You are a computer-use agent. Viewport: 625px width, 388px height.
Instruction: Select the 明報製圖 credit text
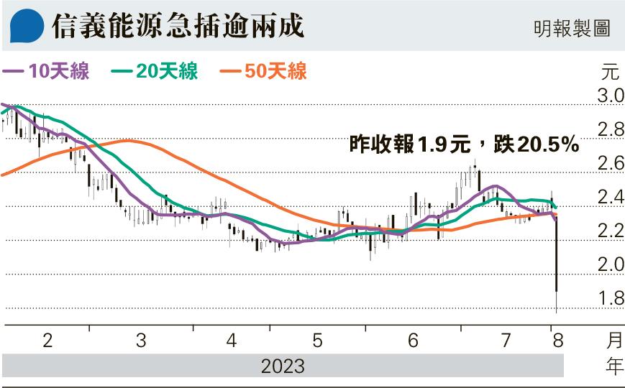pyautogui.click(x=572, y=28)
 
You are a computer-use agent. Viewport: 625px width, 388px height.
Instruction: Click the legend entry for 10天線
pyautogui.click(x=47, y=70)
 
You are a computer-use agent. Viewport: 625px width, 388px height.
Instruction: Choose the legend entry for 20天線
pyautogui.click(x=155, y=70)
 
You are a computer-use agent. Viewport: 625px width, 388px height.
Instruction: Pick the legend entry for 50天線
pyautogui.click(x=264, y=70)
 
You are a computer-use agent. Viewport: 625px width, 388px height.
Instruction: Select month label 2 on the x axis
pyautogui.click(x=47, y=341)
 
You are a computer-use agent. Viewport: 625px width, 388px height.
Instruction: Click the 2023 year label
pyautogui.click(x=282, y=366)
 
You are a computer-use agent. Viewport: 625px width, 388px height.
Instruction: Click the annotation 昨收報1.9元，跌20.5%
pyautogui.click(x=464, y=145)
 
